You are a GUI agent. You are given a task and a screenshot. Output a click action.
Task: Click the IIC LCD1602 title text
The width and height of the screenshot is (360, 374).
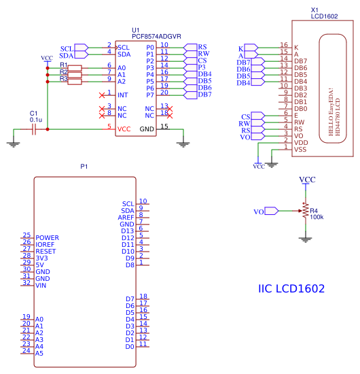pyautogui.click(x=291, y=288)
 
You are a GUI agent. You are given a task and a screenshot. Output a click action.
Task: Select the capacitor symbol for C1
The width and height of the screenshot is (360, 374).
pyautogui.click(x=34, y=129)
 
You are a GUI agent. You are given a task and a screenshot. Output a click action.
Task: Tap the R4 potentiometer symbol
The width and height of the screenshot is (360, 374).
pyautogui.click(x=305, y=211)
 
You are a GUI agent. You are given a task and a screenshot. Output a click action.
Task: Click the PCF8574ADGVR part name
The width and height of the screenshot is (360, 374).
pyautogui.click(x=156, y=37)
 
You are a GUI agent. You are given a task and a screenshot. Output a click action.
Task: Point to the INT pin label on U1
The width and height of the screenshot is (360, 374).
pyautogui.click(x=122, y=95)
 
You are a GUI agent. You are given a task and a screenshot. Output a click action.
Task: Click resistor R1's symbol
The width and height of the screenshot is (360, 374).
pyautogui.click(x=75, y=68)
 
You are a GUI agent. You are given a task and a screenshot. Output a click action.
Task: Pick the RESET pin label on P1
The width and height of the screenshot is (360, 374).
pyautogui.click(x=46, y=252)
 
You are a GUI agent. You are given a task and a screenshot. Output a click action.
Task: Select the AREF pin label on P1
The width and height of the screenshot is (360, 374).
pyautogui.click(x=126, y=218)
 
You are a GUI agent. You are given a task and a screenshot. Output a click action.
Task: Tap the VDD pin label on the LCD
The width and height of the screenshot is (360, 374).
pyautogui.click(x=301, y=143)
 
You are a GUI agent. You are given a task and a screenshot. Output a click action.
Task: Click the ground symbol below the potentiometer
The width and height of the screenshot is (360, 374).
pyautogui.click(x=305, y=239)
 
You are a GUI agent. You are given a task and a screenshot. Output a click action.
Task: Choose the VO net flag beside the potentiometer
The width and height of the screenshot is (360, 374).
pyautogui.click(x=271, y=211)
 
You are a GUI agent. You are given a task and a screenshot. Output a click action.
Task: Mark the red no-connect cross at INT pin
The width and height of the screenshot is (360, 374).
pyautogui.click(x=102, y=95)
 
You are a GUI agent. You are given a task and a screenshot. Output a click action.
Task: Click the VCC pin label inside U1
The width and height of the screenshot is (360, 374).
pyautogui.click(x=124, y=129)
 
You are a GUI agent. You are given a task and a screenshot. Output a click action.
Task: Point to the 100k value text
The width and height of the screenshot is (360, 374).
pyautogui.click(x=317, y=217)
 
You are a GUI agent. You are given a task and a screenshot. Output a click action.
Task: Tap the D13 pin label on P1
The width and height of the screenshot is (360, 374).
pyautogui.click(x=128, y=231)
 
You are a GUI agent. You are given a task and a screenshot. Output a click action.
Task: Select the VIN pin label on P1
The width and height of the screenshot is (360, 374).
pyautogui.click(x=41, y=286)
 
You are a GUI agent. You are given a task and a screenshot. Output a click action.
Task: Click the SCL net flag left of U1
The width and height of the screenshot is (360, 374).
pyautogui.click(x=82, y=48)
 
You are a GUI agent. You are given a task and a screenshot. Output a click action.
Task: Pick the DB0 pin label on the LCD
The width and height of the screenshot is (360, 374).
pyautogui.click(x=301, y=109)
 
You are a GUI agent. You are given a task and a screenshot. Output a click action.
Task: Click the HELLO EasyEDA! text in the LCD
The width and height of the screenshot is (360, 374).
pyautogui.click(x=331, y=112)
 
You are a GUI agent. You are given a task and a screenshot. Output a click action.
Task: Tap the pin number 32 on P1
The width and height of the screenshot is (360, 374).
pyautogui.click(x=26, y=283)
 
